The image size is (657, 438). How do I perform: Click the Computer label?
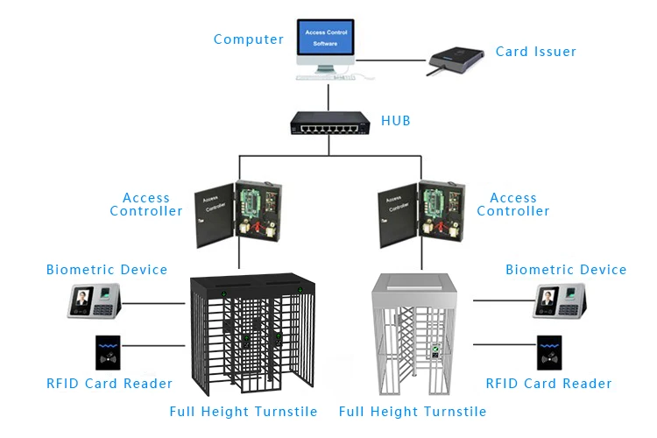pyautogui.click(x=249, y=39)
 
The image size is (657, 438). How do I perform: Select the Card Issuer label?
pyautogui.click(x=536, y=52)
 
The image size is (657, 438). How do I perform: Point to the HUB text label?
pyautogui.click(x=395, y=119)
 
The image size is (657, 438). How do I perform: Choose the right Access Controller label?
pyautogui.click(x=513, y=204)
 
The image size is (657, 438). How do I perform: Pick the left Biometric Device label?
pyautogui.click(x=107, y=270)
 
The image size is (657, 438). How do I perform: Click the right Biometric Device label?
pyautogui.click(x=566, y=270)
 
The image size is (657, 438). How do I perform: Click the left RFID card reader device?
pyautogui.click(x=110, y=355)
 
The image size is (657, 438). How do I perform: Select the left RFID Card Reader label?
pyautogui.click(x=109, y=384)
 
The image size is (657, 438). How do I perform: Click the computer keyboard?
pyautogui.click(x=328, y=77)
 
